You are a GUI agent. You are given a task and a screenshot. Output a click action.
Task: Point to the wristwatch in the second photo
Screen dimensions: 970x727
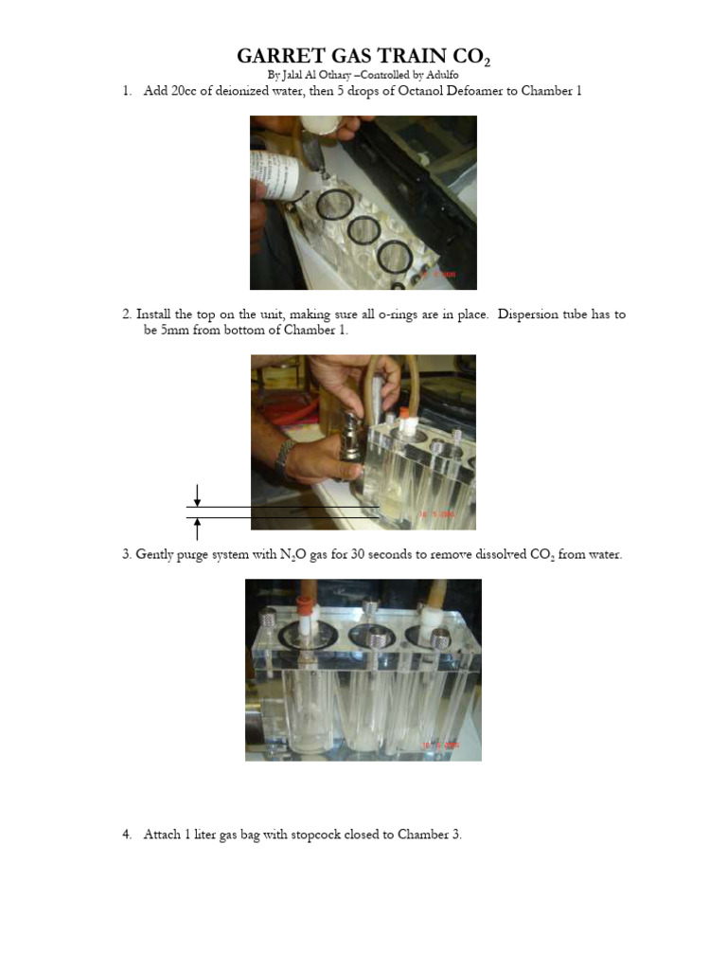pos(284,458)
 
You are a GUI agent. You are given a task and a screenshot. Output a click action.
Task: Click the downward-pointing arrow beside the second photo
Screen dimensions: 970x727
pos(197,494)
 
